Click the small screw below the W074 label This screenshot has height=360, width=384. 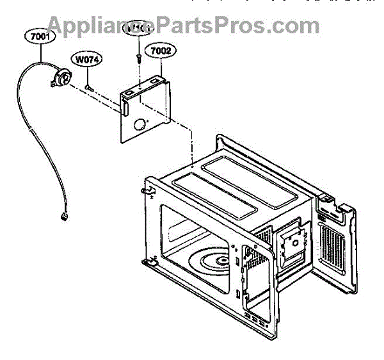point(90,81)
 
